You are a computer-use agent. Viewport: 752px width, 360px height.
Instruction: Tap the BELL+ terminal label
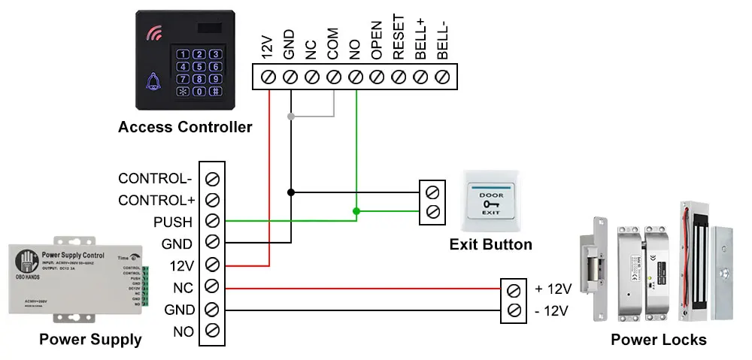[x=421, y=38]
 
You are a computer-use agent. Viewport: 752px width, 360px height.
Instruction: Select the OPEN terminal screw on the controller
[x=378, y=76]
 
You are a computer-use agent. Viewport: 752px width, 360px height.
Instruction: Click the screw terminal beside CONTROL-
[x=212, y=179]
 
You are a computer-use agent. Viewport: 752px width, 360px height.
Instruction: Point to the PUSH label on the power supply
[x=173, y=222]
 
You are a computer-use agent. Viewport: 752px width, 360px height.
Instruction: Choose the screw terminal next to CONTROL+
[x=212, y=201]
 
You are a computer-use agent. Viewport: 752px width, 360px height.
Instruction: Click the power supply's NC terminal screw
[x=212, y=287]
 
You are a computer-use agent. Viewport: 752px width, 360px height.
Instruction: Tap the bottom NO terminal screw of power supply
[x=212, y=331]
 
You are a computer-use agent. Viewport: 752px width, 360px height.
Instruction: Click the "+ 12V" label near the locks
[x=553, y=289]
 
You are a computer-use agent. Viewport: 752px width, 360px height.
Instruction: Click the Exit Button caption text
[x=490, y=244]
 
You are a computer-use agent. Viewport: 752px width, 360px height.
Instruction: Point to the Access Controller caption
[x=185, y=127]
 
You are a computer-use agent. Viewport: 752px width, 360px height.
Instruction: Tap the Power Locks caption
[x=658, y=340]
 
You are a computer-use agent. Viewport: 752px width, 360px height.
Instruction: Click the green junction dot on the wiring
[x=356, y=211]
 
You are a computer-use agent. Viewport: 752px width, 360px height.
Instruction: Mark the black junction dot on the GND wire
[x=291, y=192]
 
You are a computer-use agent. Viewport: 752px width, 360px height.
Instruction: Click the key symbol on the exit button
[x=492, y=204]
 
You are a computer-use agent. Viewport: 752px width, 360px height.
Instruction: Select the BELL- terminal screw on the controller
[x=443, y=76]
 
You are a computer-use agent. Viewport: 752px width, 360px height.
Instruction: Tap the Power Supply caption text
[x=90, y=340]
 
